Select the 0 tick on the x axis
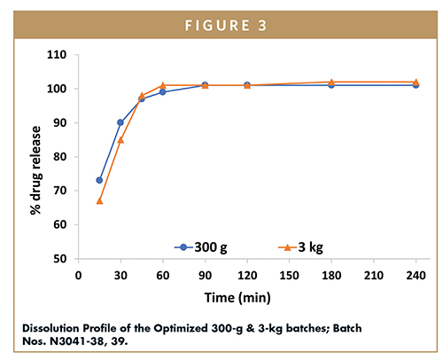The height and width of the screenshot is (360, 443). tap(78, 276)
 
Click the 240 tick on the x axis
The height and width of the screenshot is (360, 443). tap(416, 276)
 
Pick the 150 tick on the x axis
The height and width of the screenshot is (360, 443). tap(289, 276)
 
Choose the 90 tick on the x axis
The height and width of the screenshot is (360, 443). tap(205, 276)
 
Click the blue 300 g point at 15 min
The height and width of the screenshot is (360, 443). tap(99, 180)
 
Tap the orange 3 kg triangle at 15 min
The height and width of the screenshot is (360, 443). tap(99, 201)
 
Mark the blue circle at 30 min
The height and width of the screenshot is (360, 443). tap(120, 122)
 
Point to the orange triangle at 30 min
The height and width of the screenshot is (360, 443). tap(120, 139)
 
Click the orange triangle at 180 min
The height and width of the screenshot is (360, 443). tap(331, 82)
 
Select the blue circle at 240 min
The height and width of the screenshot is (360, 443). tap(416, 85)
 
